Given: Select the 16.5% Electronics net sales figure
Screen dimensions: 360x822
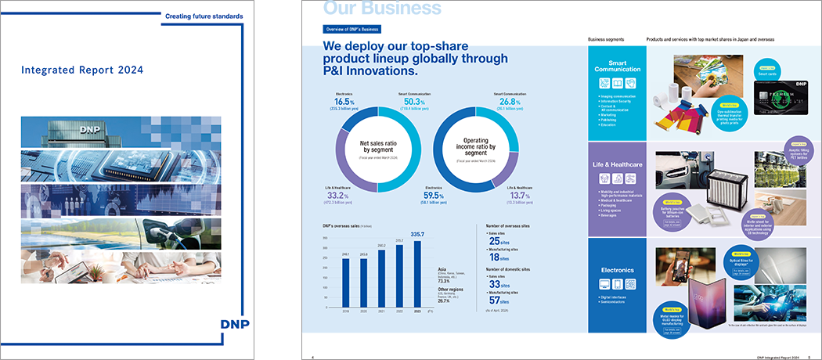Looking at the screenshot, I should [x=344, y=102].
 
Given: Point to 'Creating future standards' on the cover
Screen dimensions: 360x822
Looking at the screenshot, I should [x=204, y=16].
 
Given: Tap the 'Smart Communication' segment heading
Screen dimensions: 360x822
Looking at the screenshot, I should [x=617, y=65].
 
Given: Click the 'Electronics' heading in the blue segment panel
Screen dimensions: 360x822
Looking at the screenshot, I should [x=617, y=270].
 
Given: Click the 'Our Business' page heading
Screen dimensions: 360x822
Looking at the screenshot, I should [x=382, y=9].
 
